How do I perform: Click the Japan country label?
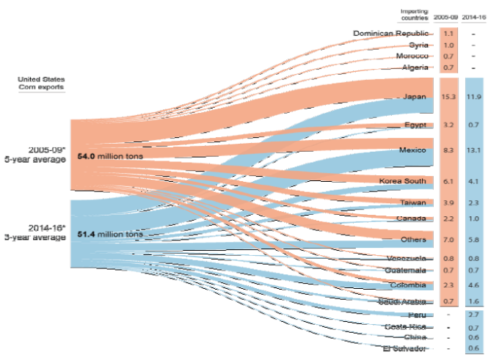click(415, 96)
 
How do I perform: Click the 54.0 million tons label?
click(109, 157)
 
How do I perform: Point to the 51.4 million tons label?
click(109, 235)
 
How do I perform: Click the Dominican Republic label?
click(395, 33)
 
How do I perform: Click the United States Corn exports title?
click(42, 83)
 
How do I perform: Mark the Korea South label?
click(403, 180)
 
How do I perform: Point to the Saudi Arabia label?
click(402, 301)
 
